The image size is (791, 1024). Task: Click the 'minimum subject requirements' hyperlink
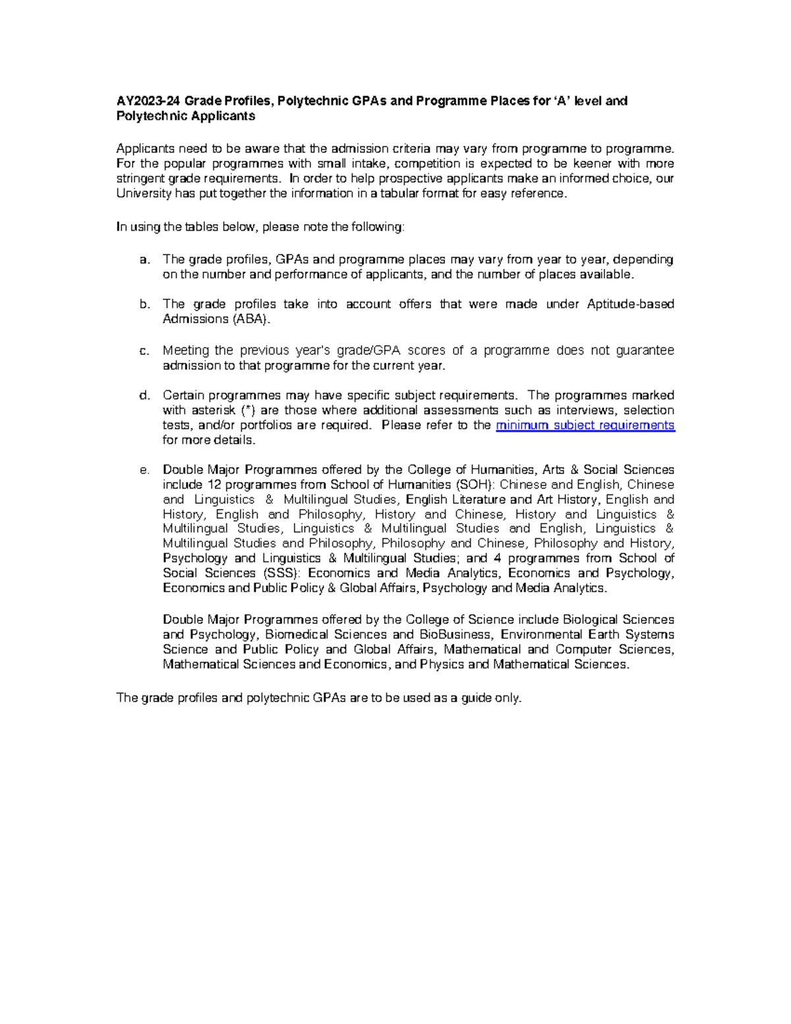585,425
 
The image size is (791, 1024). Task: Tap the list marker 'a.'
144,260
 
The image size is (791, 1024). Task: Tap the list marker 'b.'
144,305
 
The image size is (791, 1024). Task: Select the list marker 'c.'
144,351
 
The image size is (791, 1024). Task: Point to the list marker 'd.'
144,396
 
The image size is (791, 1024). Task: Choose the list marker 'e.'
144,470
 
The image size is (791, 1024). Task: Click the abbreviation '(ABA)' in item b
250,319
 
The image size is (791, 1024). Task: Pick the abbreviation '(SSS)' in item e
280,573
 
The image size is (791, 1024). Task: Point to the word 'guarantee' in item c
645,351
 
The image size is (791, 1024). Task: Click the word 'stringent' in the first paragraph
140,179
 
